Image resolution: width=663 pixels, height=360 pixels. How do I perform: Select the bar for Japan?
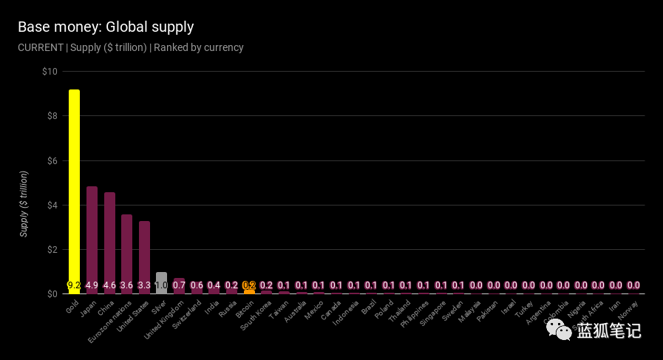pyautogui.click(x=92, y=237)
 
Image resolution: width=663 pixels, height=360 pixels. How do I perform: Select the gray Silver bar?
pyautogui.click(x=161, y=278)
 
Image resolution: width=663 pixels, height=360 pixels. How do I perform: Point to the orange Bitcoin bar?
pyautogui.click(x=249, y=291)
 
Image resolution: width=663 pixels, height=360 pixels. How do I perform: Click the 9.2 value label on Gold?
pyautogui.click(x=74, y=285)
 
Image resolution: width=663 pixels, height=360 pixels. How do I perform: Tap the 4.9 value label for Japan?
pyautogui.click(x=92, y=285)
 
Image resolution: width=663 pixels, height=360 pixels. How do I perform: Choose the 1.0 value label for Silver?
pyautogui.click(x=161, y=285)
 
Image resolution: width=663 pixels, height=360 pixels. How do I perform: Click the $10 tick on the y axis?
pyautogui.click(x=50, y=72)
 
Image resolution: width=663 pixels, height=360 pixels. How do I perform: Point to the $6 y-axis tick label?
pyautogui.click(x=52, y=160)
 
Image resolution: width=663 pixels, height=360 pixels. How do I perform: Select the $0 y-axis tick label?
pyautogui.click(x=52, y=294)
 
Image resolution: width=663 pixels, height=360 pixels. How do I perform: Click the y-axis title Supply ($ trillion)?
pyautogui.click(x=24, y=203)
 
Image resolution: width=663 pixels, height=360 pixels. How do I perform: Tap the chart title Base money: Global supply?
pyautogui.click(x=106, y=27)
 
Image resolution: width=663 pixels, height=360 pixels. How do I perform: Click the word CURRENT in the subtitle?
pyautogui.click(x=40, y=47)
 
